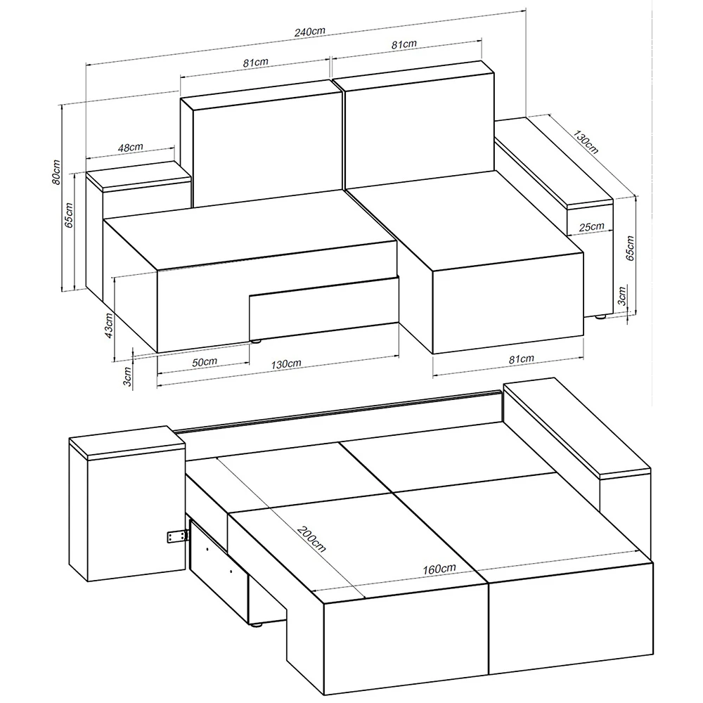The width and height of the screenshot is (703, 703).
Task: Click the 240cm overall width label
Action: coord(310,32)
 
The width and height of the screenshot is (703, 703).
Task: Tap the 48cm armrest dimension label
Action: coord(131,147)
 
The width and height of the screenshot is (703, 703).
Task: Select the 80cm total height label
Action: coord(56,172)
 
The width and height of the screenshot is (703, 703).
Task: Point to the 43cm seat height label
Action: coord(108,325)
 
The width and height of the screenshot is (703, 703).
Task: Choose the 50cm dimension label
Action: coord(205,362)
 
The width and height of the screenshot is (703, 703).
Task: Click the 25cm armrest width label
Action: coord(591,227)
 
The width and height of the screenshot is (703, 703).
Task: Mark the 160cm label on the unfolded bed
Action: coord(439,569)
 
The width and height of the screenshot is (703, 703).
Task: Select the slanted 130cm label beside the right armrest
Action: coord(586,141)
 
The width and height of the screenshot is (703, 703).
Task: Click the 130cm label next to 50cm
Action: coord(286,364)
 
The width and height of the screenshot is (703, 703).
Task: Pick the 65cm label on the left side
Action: coord(69,215)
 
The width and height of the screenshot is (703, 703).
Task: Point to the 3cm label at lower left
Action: coord(127,377)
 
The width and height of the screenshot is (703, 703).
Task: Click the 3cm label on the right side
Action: coord(622,296)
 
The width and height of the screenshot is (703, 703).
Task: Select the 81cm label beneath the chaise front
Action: coord(522,359)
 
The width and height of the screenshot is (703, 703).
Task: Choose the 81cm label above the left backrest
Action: coord(256,63)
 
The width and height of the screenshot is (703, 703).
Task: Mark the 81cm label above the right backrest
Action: coord(404,44)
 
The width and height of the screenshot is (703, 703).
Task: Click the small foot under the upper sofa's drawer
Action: coord(256,341)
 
